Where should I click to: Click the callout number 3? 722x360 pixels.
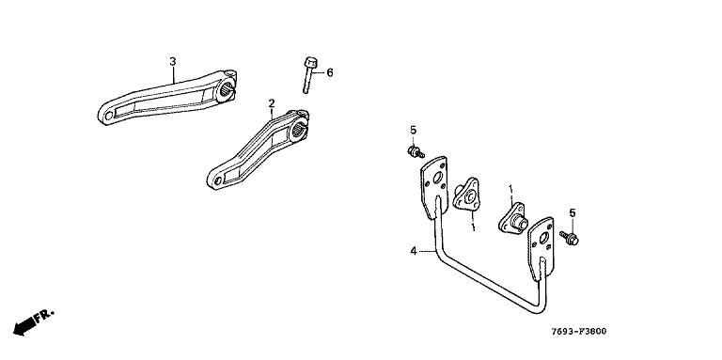tap(173, 61)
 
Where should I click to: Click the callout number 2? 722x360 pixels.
tap(272, 102)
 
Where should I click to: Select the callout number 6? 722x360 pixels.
tap(330, 72)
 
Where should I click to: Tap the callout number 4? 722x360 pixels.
tap(414, 251)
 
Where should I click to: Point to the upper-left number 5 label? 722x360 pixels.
tap(413, 131)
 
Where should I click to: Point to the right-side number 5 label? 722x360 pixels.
tap(573, 212)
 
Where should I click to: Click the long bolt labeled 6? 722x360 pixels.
tap(309, 74)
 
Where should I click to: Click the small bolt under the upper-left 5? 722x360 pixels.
tap(416, 151)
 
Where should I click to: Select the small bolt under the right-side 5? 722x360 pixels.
tap(570, 238)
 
